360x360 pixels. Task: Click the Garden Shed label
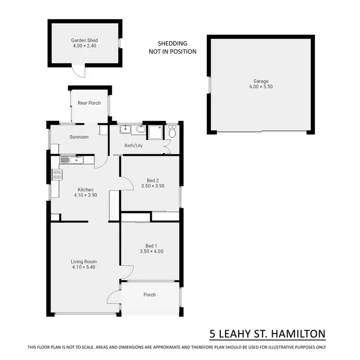tap(84, 41)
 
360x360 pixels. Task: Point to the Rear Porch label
tap(89, 103)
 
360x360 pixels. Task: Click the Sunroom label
tap(79, 137)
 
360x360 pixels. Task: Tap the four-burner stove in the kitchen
tap(56, 175)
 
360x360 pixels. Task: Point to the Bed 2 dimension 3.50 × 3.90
tap(153, 186)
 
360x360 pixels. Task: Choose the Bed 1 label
tap(151, 245)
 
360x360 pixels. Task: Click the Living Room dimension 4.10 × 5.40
tap(84, 267)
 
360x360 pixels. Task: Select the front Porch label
tap(150, 295)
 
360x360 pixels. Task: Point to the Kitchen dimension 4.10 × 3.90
tap(85, 195)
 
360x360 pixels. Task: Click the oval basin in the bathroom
tap(139, 129)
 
